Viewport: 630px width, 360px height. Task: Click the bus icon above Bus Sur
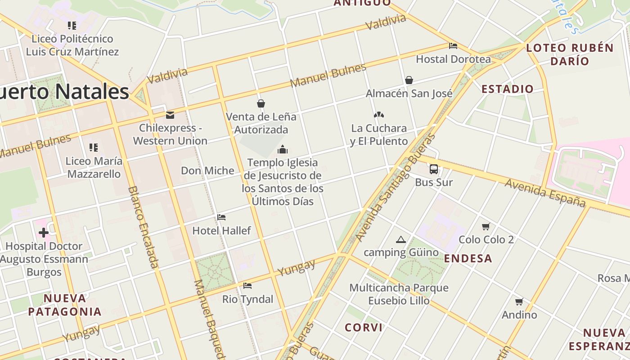pos(433,169)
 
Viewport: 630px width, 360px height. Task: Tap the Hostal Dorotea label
pos(453,59)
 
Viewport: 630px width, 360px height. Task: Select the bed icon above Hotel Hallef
pos(221,217)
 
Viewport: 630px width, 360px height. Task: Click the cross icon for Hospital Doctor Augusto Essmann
pos(44,233)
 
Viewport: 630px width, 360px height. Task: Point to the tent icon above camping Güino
pos(401,239)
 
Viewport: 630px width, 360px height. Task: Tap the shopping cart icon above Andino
pos(519,301)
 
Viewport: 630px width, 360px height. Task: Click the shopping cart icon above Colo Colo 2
pos(486,226)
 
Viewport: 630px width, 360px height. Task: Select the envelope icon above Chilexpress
pos(170,115)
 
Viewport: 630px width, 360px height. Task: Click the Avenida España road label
pos(544,192)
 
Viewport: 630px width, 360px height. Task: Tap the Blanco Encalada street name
pos(144,227)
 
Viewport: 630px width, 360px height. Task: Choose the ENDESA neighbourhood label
pos(468,258)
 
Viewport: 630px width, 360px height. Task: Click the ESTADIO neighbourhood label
pos(507,89)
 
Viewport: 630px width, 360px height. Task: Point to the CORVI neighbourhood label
pos(364,327)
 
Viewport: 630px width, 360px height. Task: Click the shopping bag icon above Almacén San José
pos(409,80)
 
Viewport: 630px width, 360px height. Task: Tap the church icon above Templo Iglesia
pos(283,149)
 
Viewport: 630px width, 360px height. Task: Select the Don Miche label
pos(207,171)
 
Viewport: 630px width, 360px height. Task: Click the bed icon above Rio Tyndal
pos(247,286)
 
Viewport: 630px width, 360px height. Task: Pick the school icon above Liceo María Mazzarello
pos(94,148)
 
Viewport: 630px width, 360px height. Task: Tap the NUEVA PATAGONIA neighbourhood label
pos(65,305)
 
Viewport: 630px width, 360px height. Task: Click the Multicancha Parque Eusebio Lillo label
pos(399,294)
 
